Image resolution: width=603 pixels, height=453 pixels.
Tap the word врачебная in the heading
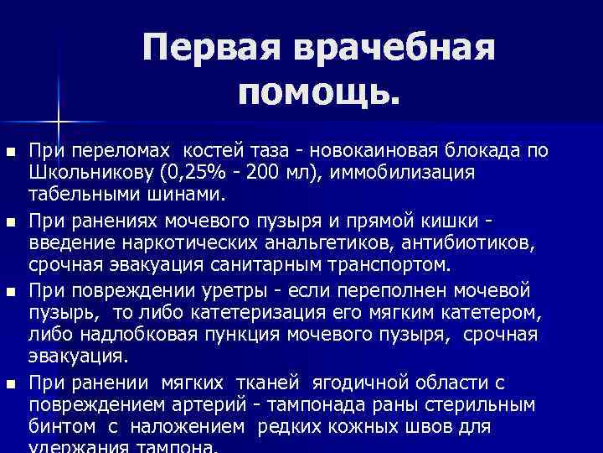pyautogui.click(x=394, y=49)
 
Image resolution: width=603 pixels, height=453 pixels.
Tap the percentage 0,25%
pyautogui.click(x=203, y=173)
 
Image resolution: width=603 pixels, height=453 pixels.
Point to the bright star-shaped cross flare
pyautogui.click(x=58, y=117)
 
